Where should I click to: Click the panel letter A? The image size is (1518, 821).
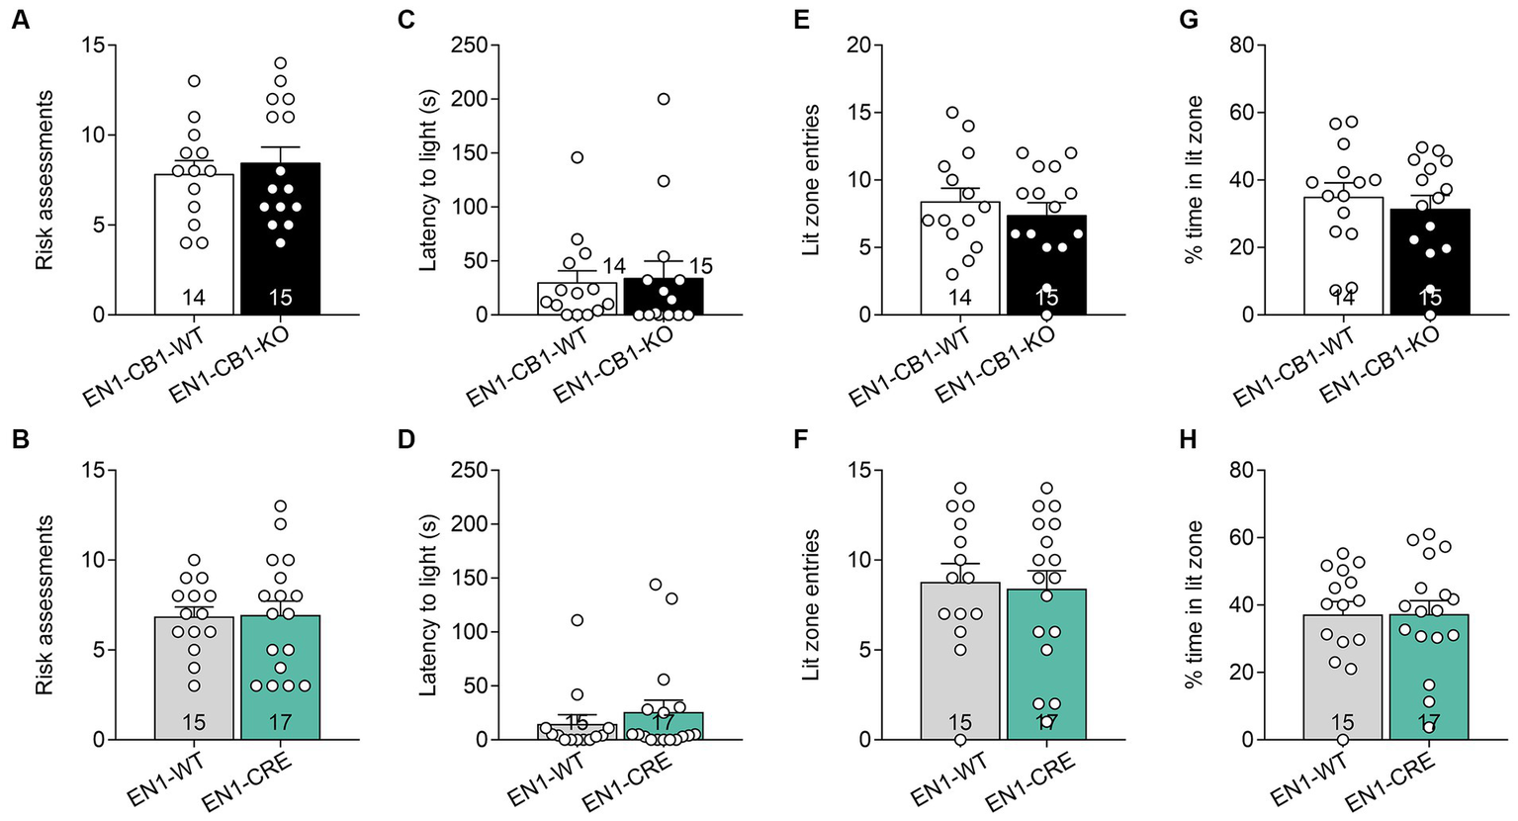tap(19, 19)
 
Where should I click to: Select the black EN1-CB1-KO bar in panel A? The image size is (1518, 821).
tap(280, 247)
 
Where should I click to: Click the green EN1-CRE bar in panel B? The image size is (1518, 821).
tap(280, 683)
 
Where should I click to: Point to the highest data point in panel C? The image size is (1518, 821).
tap(664, 99)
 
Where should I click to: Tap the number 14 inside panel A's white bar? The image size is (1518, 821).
tap(194, 298)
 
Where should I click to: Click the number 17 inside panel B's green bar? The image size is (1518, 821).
tap(280, 723)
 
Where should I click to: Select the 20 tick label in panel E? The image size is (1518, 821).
tap(858, 46)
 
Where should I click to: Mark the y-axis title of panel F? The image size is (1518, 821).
tap(812, 603)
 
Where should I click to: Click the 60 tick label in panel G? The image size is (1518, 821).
tap(1241, 113)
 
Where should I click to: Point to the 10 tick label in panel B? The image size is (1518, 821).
tap(92, 560)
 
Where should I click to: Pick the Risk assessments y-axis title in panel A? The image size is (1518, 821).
tap(45, 180)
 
